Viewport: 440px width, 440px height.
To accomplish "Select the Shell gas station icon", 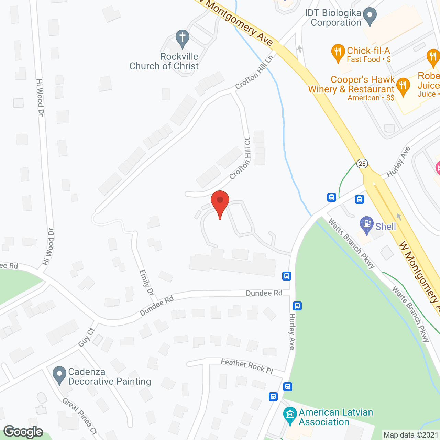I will (x=367, y=224).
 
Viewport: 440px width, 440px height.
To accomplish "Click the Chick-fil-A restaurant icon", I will (x=338, y=53).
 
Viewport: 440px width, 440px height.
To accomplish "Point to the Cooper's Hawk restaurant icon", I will (x=403, y=86).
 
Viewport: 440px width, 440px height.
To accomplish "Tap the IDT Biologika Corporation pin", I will (x=370, y=16).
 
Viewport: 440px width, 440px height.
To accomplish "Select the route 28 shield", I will (x=362, y=163).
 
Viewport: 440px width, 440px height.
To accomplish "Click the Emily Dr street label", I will (x=146, y=283).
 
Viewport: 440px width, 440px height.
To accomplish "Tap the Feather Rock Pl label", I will (x=247, y=366).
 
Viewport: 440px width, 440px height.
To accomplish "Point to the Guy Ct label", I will (x=86, y=337).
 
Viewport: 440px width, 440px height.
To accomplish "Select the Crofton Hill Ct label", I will (x=240, y=159).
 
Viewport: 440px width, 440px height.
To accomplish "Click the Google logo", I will (x=23, y=431).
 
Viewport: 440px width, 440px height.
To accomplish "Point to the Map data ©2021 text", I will (x=411, y=435).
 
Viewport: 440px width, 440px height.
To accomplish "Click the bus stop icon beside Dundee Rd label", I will (x=287, y=276).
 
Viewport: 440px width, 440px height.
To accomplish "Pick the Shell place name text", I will (x=386, y=227).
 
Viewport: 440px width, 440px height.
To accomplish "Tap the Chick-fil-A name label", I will (x=368, y=51).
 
